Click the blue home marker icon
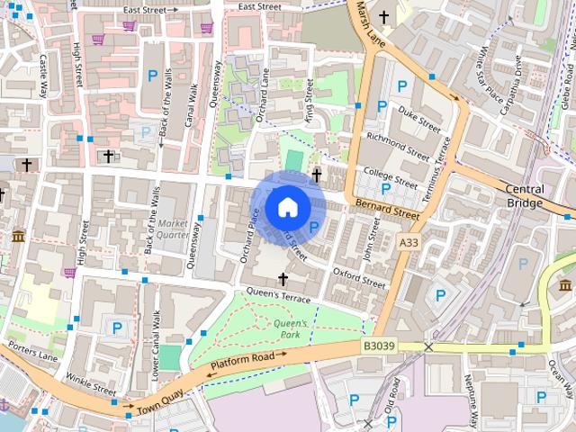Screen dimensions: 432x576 click(287, 207)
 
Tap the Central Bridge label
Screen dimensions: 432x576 click(524, 196)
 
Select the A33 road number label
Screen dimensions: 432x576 click(409, 243)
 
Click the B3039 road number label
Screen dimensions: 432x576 click(380, 346)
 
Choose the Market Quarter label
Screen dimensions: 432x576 click(173, 229)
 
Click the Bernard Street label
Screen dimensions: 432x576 click(387, 211)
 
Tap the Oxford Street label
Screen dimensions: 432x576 click(358, 277)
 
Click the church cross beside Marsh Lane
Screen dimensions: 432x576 click(384, 16)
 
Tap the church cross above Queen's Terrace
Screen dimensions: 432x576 click(283, 279)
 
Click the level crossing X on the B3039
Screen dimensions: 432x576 click(429, 346)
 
